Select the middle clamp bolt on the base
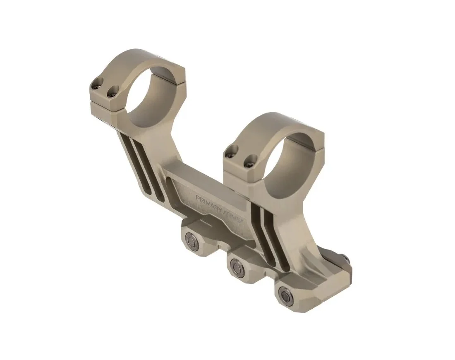pos(236,264)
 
